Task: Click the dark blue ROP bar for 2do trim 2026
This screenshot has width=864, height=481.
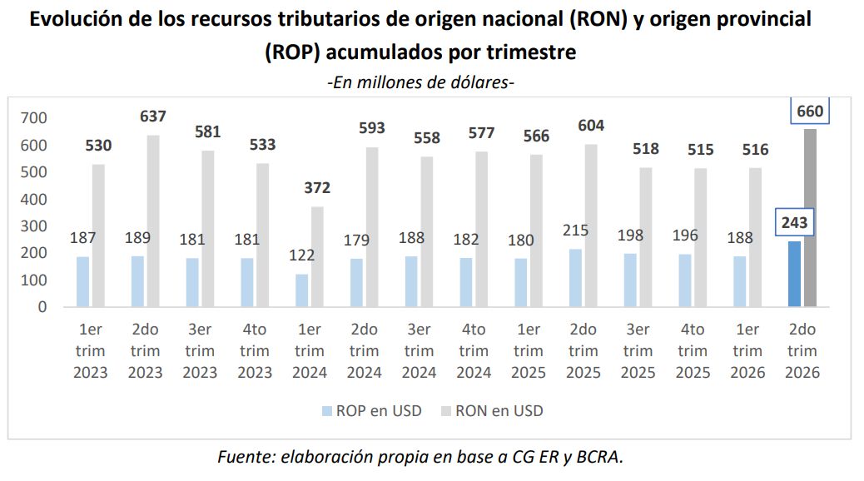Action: tap(794, 274)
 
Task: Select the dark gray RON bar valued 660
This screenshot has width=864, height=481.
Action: tap(810, 218)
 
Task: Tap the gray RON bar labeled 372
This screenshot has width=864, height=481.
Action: tap(317, 257)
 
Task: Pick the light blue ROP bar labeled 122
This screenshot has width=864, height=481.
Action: tap(302, 290)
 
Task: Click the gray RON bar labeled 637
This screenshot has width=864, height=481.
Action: tap(153, 221)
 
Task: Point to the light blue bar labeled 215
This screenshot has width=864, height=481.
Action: tap(575, 278)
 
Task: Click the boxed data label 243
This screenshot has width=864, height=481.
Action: tap(795, 222)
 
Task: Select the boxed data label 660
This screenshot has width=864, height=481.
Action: tap(810, 111)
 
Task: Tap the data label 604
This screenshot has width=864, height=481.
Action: tap(591, 126)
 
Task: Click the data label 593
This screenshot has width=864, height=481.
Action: tap(372, 128)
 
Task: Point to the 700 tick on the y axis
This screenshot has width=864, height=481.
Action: tap(33, 118)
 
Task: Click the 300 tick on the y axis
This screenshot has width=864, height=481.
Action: tap(33, 226)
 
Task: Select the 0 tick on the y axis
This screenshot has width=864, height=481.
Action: tap(42, 307)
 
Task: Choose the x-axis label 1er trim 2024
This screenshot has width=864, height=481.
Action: tap(310, 350)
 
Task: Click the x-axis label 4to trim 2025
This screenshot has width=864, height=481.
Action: tap(693, 350)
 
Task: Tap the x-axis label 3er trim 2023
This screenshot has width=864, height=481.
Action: tap(200, 350)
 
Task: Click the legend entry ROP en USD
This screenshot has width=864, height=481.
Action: tap(372, 411)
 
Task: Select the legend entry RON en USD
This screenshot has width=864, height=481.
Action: tap(492, 411)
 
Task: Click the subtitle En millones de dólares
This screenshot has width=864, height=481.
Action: tap(421, 82)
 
